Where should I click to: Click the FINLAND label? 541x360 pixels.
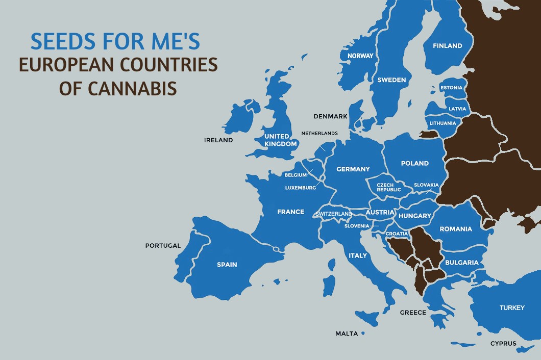point(447,46)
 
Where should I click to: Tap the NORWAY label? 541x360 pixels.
point(360,56)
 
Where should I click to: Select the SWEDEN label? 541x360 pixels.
point(391,80)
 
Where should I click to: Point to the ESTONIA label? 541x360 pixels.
point(451,88)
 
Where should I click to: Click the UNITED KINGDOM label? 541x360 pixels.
point(280,140)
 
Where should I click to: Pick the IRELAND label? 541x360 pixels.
point(218,140)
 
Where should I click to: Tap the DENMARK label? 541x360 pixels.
point(330,116)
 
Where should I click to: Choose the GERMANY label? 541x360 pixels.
point(353,169)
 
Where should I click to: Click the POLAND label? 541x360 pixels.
point(414,164)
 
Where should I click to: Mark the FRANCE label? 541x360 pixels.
point(290,212)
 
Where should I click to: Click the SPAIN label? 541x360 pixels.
point(227,265)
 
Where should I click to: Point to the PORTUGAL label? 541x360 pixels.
point(163,246)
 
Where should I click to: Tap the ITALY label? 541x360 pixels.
point(358,255)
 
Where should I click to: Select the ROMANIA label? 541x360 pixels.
point(456,229)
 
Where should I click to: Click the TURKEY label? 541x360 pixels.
point(512,308)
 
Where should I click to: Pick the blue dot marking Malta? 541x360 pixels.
point(363,333)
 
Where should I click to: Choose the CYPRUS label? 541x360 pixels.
point(503,344)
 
